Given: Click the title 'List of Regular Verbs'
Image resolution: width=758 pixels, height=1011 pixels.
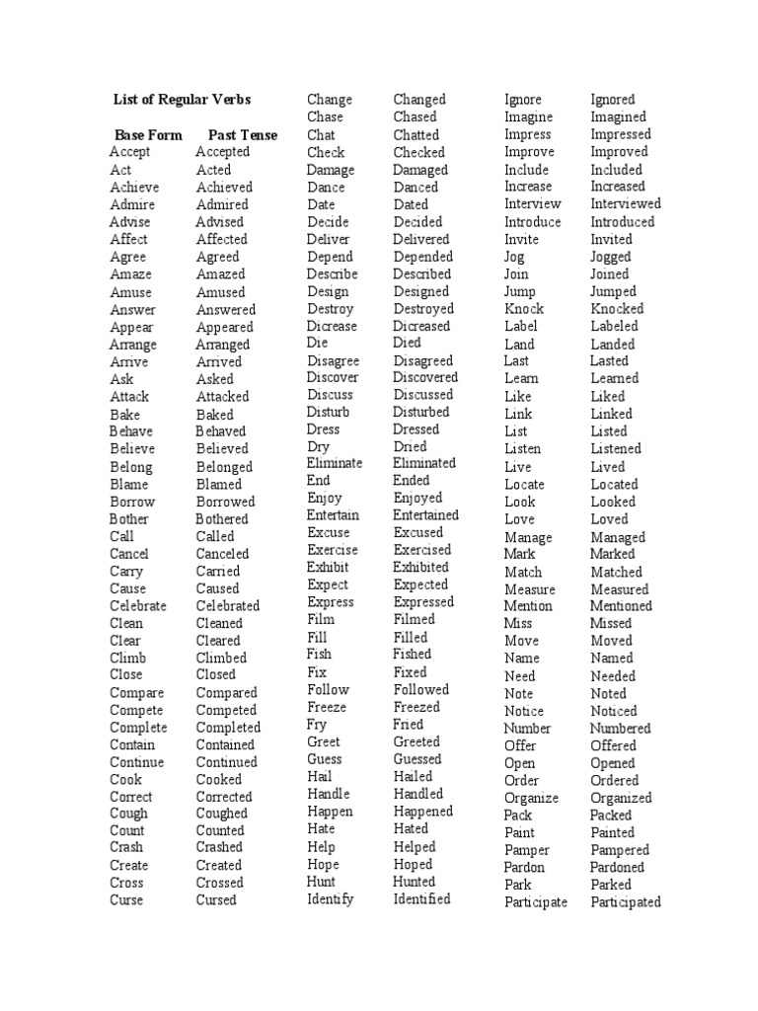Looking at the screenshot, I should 183,100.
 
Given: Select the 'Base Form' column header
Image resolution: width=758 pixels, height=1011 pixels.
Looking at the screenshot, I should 148,135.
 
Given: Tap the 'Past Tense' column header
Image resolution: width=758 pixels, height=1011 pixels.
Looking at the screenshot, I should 243,135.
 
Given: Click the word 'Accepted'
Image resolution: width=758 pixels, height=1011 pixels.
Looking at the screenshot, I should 223,152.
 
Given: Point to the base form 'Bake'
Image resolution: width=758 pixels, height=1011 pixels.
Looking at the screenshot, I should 125,415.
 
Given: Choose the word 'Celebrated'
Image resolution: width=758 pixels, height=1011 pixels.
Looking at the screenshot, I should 228,606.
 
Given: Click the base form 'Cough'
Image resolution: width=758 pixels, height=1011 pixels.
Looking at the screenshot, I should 128,815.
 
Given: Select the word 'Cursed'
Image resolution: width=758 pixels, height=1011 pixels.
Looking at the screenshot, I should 216,900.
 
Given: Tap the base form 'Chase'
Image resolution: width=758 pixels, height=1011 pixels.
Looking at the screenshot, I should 326,117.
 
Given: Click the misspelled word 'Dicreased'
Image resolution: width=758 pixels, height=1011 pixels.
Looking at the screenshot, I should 421,327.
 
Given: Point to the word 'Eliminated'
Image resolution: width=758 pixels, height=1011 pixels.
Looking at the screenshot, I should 424,463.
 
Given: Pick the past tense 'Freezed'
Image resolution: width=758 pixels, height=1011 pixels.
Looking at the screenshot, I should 417,708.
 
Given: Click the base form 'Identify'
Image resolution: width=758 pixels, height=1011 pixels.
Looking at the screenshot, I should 331,899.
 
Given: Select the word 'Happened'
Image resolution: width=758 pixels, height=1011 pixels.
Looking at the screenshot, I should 423,812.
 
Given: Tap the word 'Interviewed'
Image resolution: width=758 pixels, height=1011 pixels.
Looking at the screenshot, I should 626,204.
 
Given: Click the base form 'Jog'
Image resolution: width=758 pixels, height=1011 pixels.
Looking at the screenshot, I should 514,257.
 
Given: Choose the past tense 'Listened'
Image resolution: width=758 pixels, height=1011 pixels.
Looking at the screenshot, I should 616,449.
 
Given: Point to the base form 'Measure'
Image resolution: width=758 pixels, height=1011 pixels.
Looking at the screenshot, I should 530,589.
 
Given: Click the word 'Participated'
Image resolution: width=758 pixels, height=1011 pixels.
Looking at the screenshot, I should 626,902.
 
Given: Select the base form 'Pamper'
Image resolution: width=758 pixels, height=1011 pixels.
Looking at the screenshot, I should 527,850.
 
